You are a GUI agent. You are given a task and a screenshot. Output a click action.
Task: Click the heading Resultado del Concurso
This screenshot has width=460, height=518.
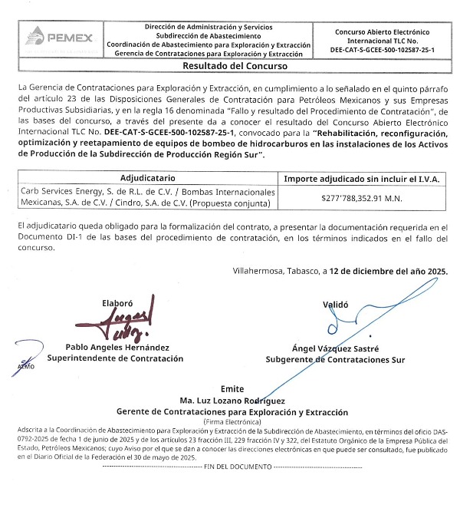coord(230,67)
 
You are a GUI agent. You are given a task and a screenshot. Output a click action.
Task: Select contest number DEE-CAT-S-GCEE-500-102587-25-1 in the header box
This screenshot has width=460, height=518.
coord(383,49)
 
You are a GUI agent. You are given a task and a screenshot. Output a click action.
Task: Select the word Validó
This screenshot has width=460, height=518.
coord(335,305)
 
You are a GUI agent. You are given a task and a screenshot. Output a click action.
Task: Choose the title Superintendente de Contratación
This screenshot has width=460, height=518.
coord(116,358)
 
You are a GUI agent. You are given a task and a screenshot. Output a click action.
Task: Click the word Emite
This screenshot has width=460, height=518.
coord(232,389)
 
